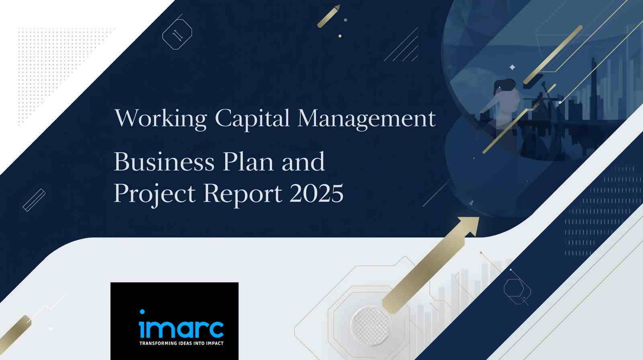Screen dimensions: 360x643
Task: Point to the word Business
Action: click(164, 162)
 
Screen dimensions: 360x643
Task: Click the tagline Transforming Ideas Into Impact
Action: click(181, 344)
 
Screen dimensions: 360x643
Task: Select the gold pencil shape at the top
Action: click(329, 16)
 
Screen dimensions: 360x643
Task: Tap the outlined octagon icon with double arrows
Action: click(177, 34)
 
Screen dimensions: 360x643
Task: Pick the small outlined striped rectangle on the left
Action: click(34, 200)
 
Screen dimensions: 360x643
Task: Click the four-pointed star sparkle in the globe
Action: click(512, 67)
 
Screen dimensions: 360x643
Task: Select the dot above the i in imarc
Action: click(142, 311)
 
